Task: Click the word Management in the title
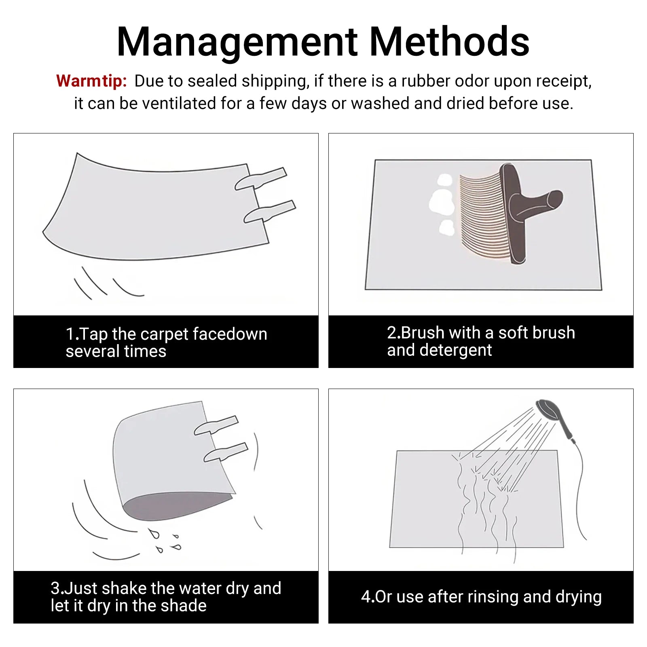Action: (x=237, y=42)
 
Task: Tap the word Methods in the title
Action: (x=449, y=41)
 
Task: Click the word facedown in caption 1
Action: (x=230, y=334)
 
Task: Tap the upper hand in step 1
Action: (x=260, y=179)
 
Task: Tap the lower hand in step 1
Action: (x=269, y=211)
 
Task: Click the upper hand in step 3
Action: (x=216, y=425)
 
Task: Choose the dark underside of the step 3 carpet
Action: (x=178, y=505)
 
